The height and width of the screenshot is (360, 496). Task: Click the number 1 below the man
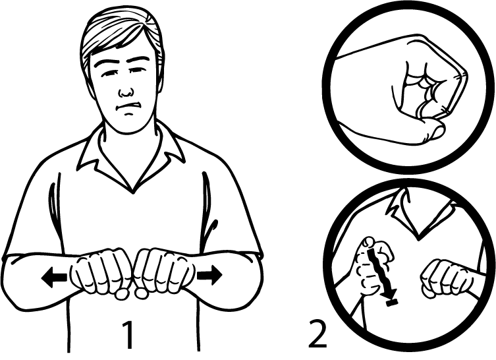(x=128, y=334)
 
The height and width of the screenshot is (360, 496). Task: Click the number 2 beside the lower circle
(x=317, y=334)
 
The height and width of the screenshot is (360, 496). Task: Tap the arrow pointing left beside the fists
(x=54, y=277)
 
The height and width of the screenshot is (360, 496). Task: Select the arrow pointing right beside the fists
(x=209, y=275)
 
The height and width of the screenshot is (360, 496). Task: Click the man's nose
(x=126, y=90)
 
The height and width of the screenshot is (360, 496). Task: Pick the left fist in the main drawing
(x=102, y=273)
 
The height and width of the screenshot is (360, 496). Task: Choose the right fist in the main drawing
(x=163, y=273)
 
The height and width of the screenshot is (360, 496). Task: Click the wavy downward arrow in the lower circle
(x=379, y=272)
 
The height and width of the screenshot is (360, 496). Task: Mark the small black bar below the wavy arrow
(x=392, y=303)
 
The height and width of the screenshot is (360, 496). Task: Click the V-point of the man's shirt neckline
(x=133, y=191)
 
